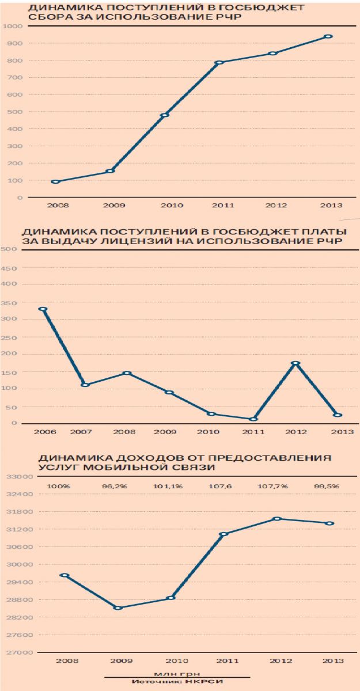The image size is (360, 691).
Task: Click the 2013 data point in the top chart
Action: click(x=328, y=36)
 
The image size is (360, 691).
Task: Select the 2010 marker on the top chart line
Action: click(x=165, y=115)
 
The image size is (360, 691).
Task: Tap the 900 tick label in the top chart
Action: click(x=16, y=43)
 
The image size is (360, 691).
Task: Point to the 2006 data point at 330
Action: click(x=43, y=309)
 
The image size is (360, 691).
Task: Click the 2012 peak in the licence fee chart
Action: click(x=295, y=363)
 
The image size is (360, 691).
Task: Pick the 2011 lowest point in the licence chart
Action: click(x=253, y=419)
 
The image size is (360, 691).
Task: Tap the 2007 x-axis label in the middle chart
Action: click(x=82, y=431)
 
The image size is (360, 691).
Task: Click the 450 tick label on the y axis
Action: click(x=11, y=268)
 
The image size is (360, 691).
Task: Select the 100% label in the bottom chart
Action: click(x=58, y=487)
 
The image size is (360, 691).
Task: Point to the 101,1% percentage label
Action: click(x=168, y=487)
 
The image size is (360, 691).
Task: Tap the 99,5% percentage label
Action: click(x=327, y=487)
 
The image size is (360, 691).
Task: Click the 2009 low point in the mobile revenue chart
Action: click(x=118, y=608)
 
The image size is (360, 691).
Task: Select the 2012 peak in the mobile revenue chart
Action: click(x=278, y=519)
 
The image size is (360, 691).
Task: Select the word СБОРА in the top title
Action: click(x=43, y=19)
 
